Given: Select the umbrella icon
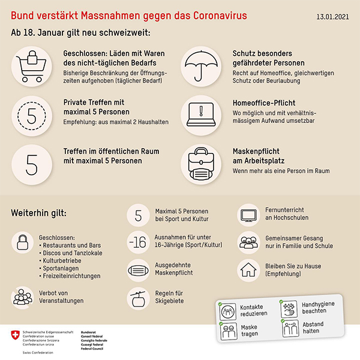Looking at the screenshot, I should (x=200, y=64).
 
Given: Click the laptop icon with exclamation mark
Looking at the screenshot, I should (x=200, y=113).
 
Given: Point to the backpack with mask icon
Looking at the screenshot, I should (x=200, y=162).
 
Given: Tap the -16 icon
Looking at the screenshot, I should (x=138, y=242).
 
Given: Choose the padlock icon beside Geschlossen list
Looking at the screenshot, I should (x=22, y=243).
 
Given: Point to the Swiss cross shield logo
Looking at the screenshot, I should (x=14, y=337).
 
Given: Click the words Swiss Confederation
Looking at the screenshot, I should (x=39, y=353).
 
